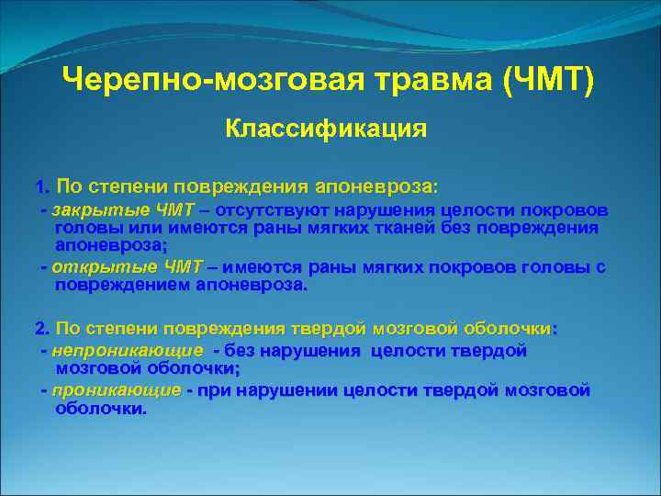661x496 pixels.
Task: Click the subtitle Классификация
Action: point(326,129)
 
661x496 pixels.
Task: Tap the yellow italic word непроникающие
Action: point(128,351)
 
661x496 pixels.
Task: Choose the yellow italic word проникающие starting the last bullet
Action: point(117,390)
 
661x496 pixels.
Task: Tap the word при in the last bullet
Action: point(210,390)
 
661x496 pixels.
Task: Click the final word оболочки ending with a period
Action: point(100,409)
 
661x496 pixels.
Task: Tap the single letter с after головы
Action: point(600,267)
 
